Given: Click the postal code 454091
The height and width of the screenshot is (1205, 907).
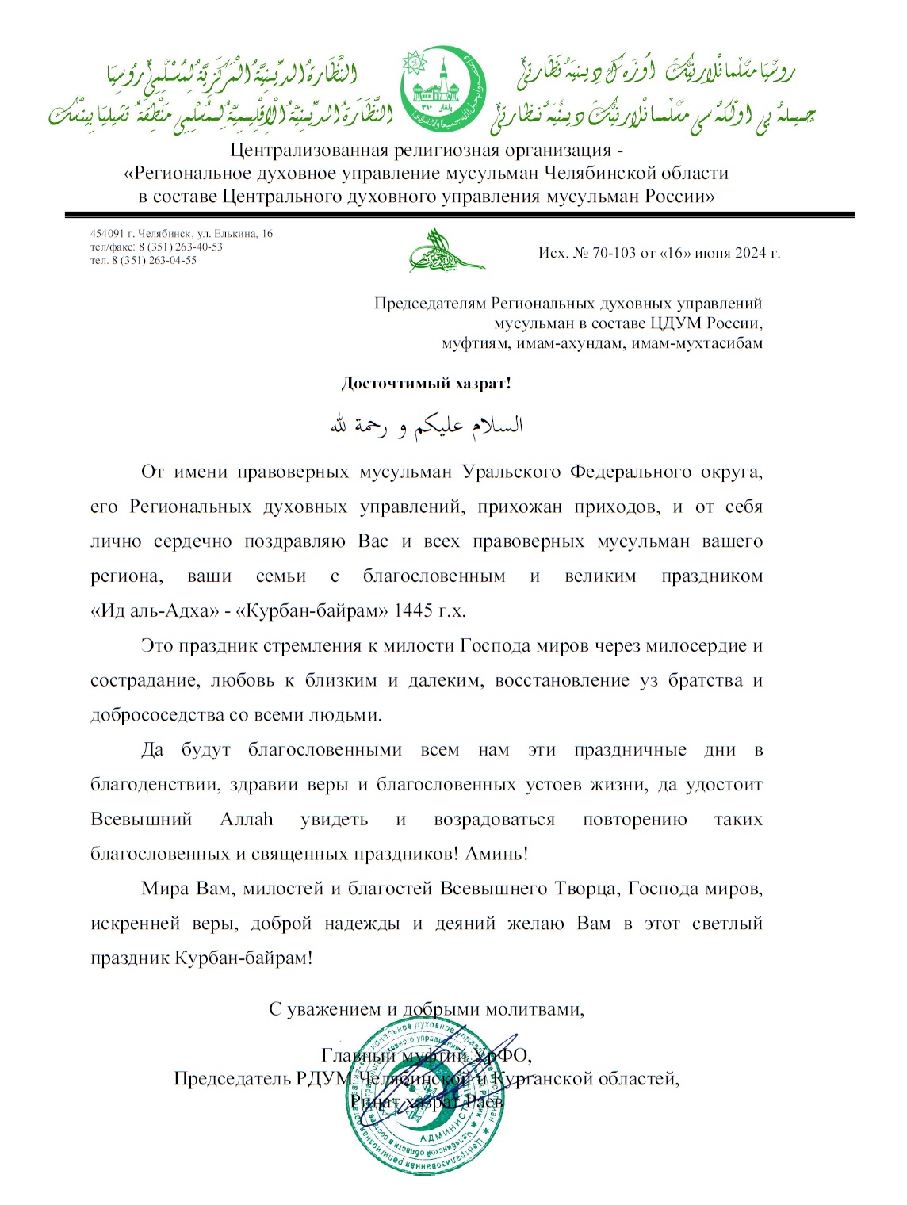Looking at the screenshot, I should (x=107, y=234).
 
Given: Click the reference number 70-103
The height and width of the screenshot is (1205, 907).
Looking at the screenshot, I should (x=614, y=253).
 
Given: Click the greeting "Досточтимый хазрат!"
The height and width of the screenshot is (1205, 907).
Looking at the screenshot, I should (x=426, y=384).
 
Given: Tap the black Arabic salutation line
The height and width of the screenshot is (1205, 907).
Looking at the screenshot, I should (x=426, y=426).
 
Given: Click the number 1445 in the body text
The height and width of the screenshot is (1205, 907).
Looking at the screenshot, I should (x=413, y=611).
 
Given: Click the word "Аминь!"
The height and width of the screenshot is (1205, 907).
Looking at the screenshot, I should (x=496, y=855).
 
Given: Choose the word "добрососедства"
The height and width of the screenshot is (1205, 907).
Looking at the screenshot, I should (x=158, y=715).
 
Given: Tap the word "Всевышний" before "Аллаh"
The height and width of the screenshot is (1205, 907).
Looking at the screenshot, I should (x=141, y=820).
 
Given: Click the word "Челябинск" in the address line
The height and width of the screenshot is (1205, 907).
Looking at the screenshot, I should (x=164, y=234).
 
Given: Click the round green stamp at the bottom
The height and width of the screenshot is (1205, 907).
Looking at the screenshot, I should (x=426, y=1098).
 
